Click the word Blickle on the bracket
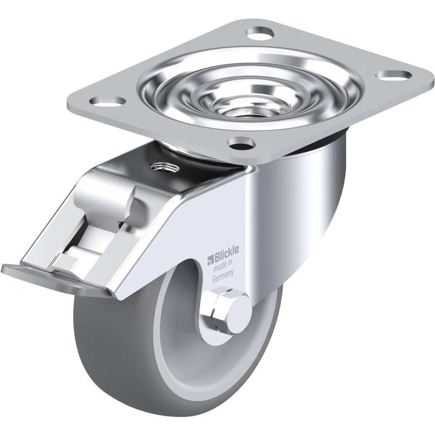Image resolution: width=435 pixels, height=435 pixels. [x=225, y=252]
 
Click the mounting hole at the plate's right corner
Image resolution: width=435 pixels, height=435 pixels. [x=395, y=75]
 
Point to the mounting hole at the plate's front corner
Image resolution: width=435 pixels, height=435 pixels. [x=241, y=143]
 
